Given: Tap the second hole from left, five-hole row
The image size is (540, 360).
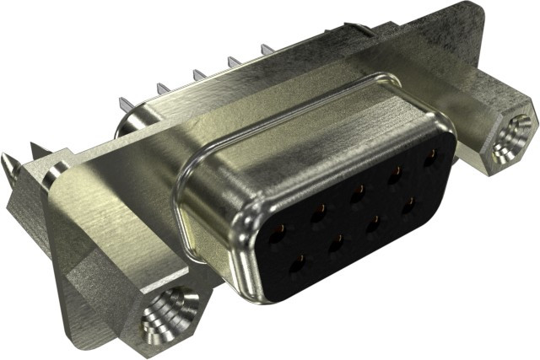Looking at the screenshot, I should point(320,210).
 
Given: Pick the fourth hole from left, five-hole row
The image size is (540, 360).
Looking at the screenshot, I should point(394,173).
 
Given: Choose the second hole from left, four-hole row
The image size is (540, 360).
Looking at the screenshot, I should point(337,244).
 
